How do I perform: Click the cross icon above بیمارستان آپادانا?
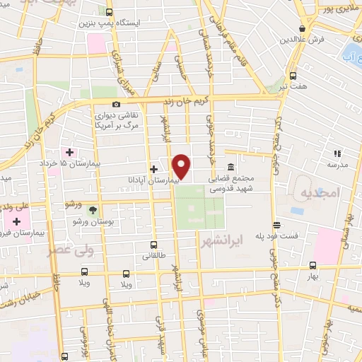[x=153, y=169]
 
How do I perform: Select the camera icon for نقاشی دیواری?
[x=116, y=105]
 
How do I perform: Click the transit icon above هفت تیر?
[x=293, y=76]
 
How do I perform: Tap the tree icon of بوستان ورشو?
[x=93, y=209]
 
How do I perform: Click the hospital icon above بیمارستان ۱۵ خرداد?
[x=69, y=151]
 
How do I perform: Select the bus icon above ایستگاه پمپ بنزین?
[x=108, y=12]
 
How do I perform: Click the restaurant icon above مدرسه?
[x=338, y=152]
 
